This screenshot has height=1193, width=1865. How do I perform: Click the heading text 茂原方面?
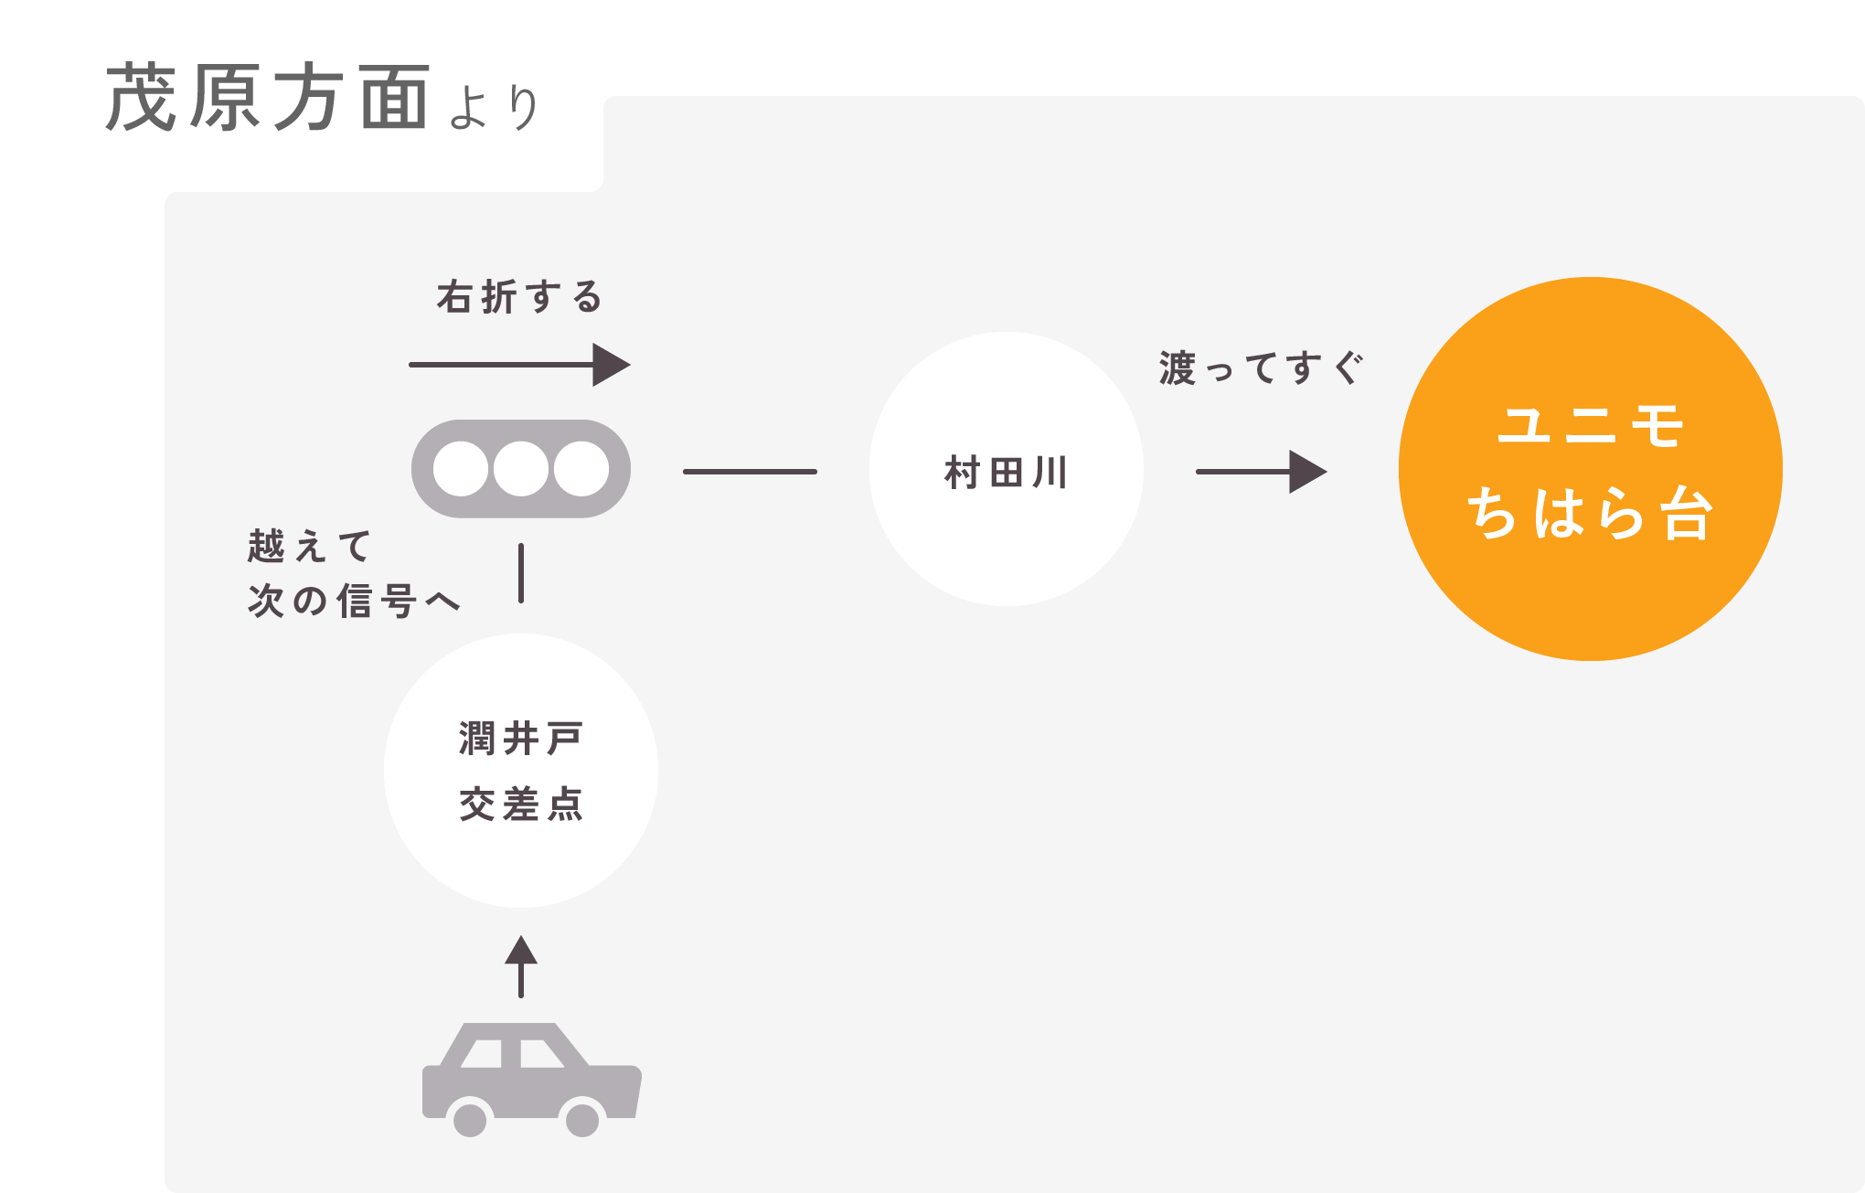[x=267, y=98]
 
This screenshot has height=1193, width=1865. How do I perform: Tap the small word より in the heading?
[x=496, y=107]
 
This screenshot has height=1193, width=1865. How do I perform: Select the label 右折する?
[x=519, y=297]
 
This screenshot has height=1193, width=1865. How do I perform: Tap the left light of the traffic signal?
[x=460, y=469]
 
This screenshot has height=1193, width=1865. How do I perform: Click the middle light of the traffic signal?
[x=521, y=469]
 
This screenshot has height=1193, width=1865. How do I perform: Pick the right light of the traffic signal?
[x=581, y=469]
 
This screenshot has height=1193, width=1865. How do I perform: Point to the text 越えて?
[x=309, y=547]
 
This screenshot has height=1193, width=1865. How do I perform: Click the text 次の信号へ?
[x=353, y=601]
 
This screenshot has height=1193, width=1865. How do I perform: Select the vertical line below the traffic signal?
[x=521, y=573]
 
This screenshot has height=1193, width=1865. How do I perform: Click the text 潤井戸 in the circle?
[x=521, y=739]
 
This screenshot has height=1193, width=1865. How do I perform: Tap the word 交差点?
[x=521, y=804]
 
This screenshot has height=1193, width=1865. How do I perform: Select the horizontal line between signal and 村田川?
[x=750, y=472]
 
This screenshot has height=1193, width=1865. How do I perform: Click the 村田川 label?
[x=1006, y=474]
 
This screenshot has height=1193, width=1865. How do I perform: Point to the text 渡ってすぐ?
[x=1261, y=368]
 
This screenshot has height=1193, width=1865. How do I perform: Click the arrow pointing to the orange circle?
[x=1262, y=472]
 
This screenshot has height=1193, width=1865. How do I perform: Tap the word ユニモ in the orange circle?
[x=1591, y=426]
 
